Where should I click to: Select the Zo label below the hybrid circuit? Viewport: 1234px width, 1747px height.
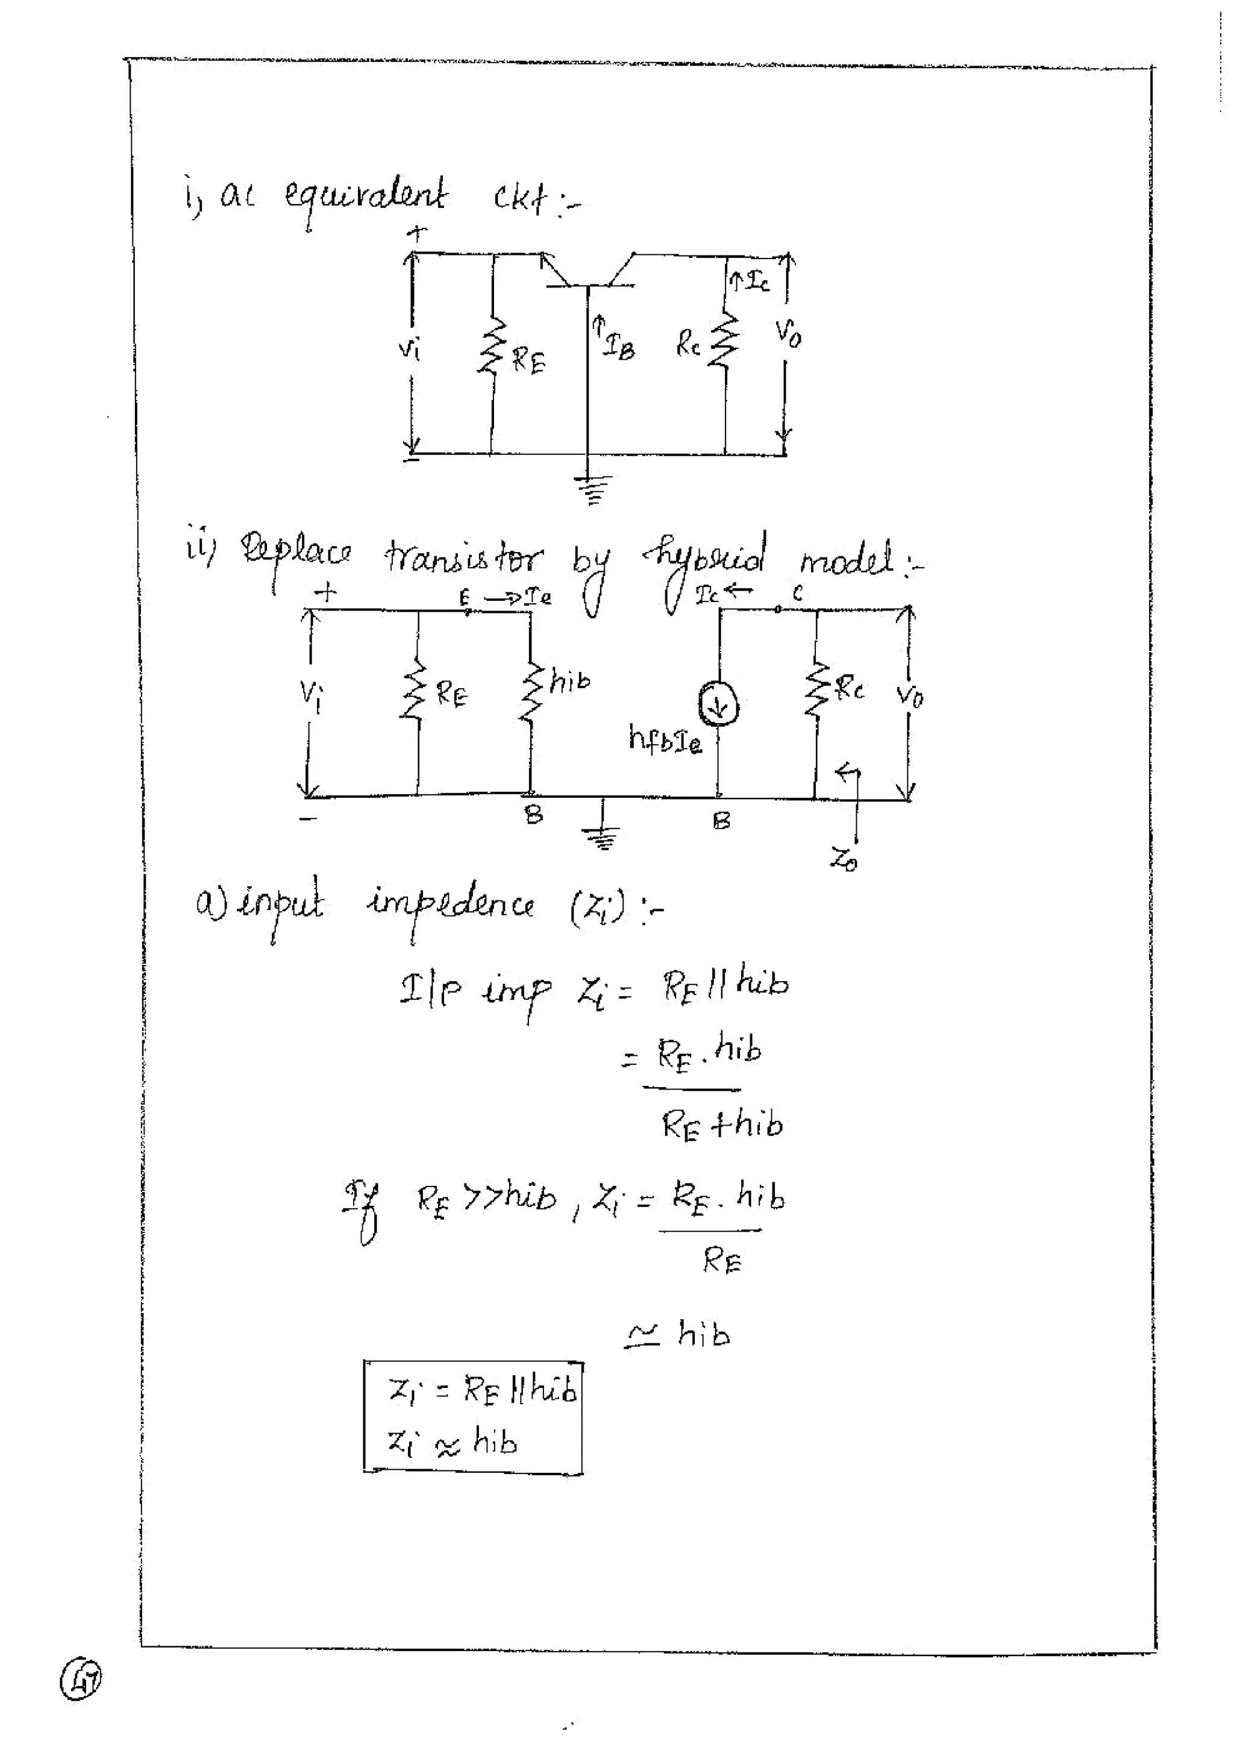(843, 860)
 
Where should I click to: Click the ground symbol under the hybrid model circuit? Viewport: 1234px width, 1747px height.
(603, 837)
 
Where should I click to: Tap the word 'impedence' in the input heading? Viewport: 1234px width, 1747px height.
(450, 906)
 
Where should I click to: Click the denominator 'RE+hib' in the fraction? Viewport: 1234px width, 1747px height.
(721, 1124)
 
